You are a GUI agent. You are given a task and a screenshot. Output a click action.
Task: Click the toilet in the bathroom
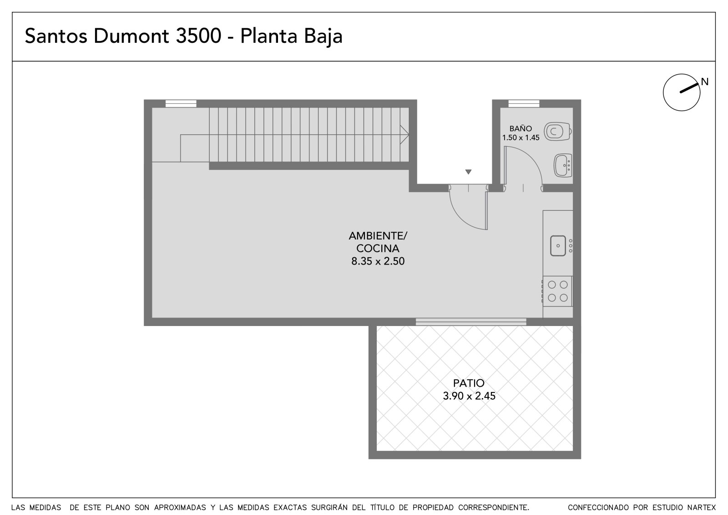click(558, 132)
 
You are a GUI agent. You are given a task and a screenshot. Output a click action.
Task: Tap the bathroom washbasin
click(563, 166)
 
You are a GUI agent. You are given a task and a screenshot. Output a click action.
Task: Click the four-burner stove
click(557, 291)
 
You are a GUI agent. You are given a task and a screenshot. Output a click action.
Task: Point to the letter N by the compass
click(705, 82)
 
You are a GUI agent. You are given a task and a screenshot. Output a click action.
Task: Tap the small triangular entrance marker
click(468, 172)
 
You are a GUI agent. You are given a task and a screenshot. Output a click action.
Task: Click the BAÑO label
click(521, 128)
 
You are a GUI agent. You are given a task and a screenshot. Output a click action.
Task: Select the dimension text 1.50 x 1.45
click(521, 138)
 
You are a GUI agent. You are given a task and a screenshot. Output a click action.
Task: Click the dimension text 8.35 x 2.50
click(378, 261)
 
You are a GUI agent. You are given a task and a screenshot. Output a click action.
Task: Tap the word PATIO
click(469, 383)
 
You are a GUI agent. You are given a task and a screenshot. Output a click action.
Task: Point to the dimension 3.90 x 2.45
click(469, 396)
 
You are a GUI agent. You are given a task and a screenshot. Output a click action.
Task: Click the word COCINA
click(378, 249)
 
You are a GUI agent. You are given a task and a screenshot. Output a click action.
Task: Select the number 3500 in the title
click(198, 36)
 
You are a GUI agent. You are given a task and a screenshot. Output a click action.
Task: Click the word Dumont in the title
click(131, 36)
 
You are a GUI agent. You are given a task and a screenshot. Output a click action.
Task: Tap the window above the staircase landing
click(181, 103)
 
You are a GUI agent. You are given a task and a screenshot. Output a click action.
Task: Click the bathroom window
click(524, 103)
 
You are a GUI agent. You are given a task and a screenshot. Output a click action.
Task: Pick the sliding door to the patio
click(471, 322)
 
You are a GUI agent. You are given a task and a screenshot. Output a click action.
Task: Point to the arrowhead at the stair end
click(404, 134)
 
